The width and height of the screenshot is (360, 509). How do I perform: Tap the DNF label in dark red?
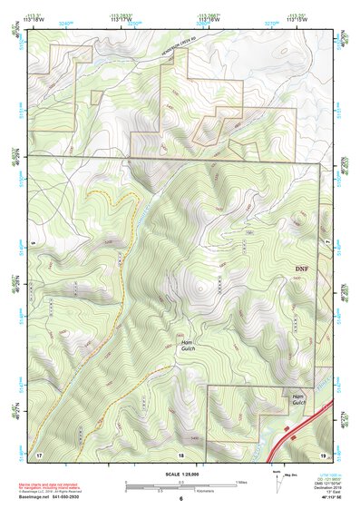coord(302,269)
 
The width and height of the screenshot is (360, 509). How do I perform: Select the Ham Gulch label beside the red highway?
coord(298,400)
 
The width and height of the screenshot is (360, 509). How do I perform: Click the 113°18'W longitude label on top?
coord(37,19)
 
